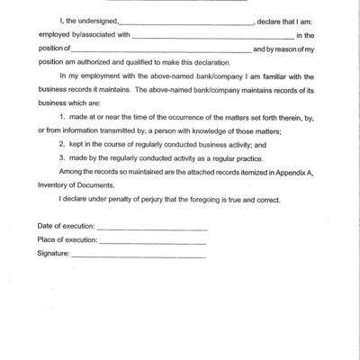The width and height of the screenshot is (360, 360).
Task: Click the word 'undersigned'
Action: (93, 42)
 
